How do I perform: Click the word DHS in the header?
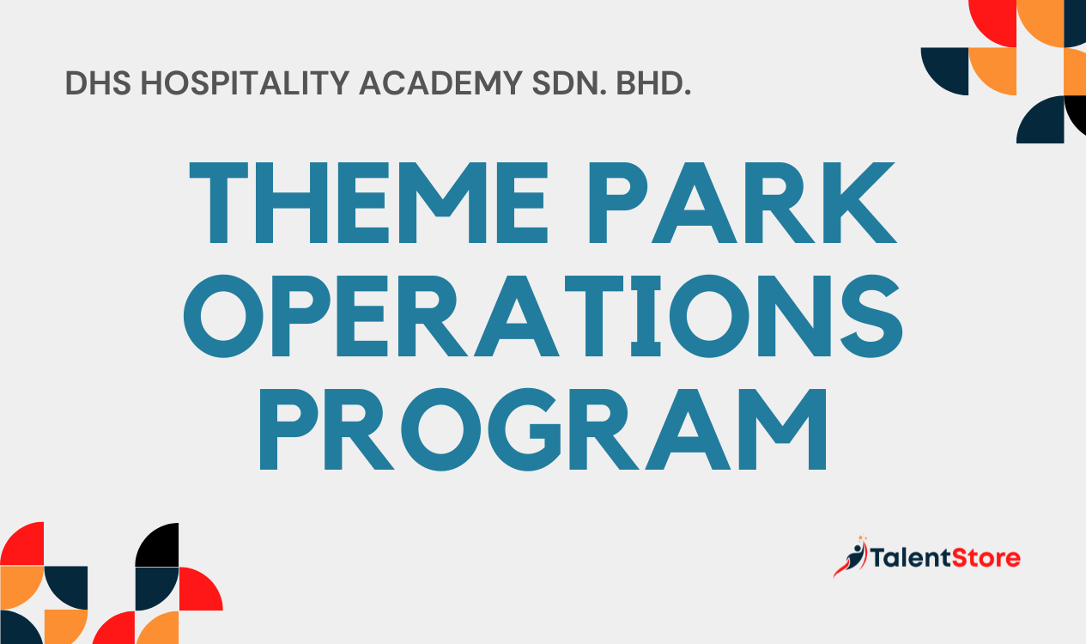[98, 82]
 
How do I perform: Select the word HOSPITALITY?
[245, 82]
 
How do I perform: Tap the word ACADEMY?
[440, 82]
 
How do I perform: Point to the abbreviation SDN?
[569, 82]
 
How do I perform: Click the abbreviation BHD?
[653, 82]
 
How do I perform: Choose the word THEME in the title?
[368, 203]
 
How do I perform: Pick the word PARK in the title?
[743, 203]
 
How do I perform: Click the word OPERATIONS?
[543, 316]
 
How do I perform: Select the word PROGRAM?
[543, 429]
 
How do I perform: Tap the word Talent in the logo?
[911, 557]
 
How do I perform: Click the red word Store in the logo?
[986, 557]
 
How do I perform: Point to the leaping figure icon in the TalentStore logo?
[851, 556]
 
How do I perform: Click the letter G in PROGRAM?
[525, 429]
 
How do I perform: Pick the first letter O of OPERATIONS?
[223, 316]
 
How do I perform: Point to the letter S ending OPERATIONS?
[871, 316]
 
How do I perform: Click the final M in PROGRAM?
[782, 429]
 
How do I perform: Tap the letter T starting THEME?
[219, 203]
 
